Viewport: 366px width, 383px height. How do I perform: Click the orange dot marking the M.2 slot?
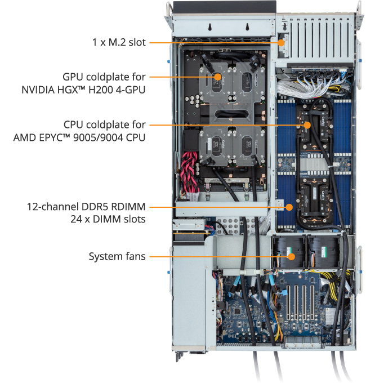[282, 43]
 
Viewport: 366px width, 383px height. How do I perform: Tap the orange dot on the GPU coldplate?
[217, 77]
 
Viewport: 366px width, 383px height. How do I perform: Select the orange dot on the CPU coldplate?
[307, 125]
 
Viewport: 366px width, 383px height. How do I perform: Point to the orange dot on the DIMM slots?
[289, 207]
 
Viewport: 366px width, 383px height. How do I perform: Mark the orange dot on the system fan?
[291, 257]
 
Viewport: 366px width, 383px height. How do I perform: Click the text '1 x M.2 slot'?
[119, 42]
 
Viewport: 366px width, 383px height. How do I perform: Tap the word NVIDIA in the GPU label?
[38, 90]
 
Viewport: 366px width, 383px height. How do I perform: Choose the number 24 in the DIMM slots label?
[76, 219]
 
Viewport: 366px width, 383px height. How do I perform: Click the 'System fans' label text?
[117, 256]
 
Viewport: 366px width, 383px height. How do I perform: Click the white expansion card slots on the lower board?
[300, 302]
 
